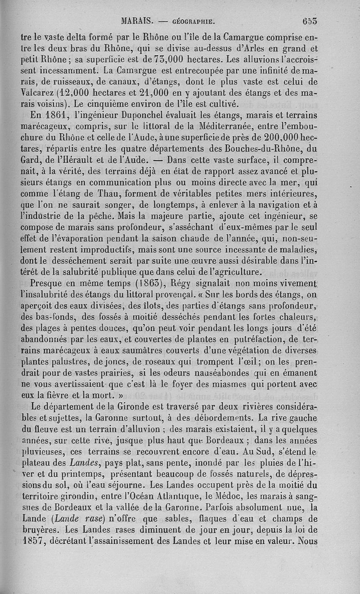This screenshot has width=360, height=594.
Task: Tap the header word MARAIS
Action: click(138, 20)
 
